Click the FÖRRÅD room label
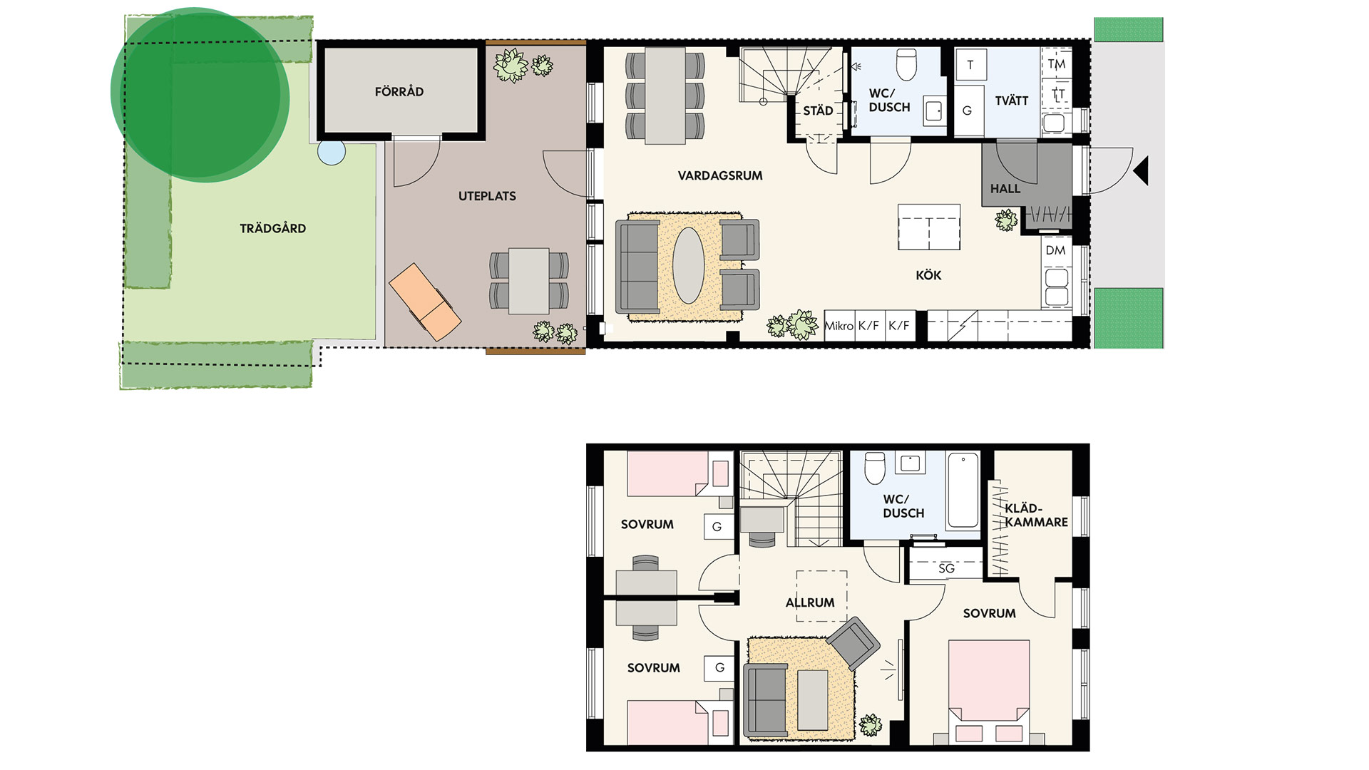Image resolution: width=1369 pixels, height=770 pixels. pyautogui.click(x=399, y=91)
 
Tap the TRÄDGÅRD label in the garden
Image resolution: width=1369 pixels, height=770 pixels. pyautogui.click(x=272, y=228)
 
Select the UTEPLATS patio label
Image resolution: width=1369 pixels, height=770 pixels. pyautogui.click(x=487, y=196)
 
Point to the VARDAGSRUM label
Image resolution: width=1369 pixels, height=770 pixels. pyautogui.click(x=720, y=175)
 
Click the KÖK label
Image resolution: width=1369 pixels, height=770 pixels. pyautogui.click(x=928, y=275)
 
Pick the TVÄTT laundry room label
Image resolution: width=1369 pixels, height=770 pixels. pyautogui.click(x=1011, y=101)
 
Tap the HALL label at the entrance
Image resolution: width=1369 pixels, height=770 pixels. pyautogui.click(x=1005, y=189)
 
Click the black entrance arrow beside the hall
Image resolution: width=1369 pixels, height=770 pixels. pyautogui.click(x=1141, y=171)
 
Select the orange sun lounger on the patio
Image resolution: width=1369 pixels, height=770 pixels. pyautogui.click(x=425, y=302)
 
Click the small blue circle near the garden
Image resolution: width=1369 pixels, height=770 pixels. pyautogui.click(x=332, y=152)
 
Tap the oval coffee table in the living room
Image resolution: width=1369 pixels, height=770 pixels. pyautogui.click(x=688, y=265)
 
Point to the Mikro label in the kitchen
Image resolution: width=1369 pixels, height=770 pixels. pyautogui.click(x=839, y=326)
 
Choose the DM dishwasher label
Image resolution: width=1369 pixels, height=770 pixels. pyautogui.click(x=1055, y=250)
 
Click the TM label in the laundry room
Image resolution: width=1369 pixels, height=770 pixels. pyautogui.click(x=1057, y=64)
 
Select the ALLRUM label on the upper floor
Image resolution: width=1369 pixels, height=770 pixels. pyautogui.click(x=810, y=602)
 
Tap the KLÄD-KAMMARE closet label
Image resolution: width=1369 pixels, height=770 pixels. pyautogui.click(x=1036, y=515)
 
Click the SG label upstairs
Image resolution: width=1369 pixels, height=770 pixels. pyautogui.click(x=946, y=568)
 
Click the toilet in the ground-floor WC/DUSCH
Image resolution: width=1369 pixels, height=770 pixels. pyautogui.click(x=906, y=64)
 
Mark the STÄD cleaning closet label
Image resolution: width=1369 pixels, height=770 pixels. pyautogui.click(x=818, y=111)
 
